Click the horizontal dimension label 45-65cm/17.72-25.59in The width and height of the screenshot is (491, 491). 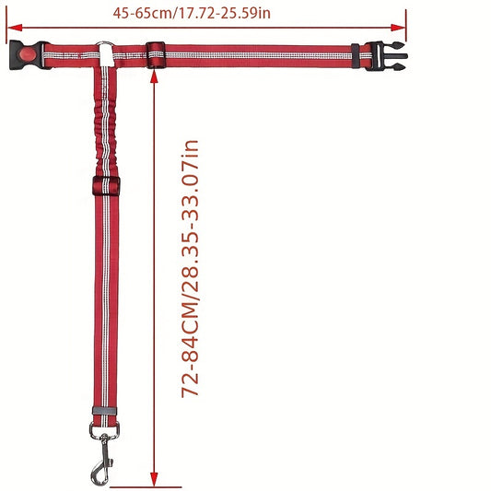point(192,14)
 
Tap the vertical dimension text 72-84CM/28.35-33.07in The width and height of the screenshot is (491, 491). point(190,269)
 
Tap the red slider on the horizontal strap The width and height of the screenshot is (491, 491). point(156,54)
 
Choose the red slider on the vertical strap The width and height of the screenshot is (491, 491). point(106,186)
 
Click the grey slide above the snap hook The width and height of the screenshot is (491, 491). point(105,411)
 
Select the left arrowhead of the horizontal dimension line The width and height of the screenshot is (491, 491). point(15,28)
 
